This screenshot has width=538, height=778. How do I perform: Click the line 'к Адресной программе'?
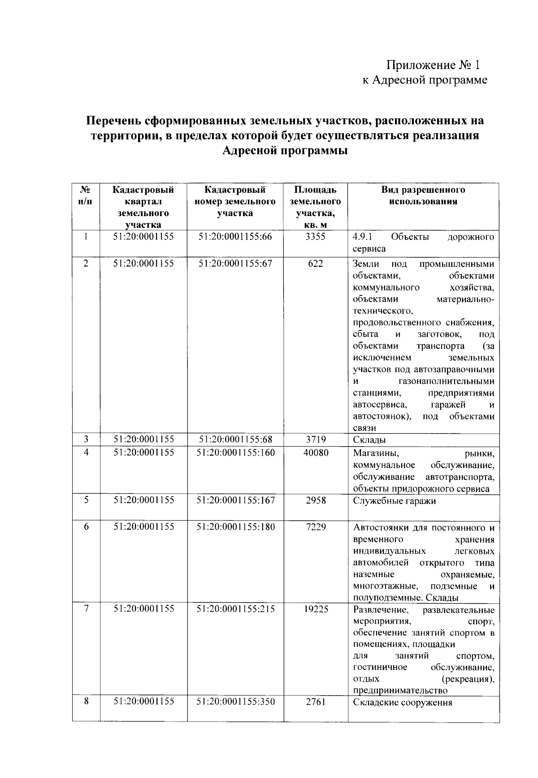point(424,80)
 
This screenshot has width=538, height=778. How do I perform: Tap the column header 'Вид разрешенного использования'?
point(423,196)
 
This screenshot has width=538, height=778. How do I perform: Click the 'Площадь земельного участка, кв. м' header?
point(315,207)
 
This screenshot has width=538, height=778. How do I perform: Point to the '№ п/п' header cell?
point(85,196)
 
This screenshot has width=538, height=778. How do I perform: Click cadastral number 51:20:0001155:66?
point(235,237)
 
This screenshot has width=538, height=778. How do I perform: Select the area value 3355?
point(315,237)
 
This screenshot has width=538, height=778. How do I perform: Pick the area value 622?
point(315,264)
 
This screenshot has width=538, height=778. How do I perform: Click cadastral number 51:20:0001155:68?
point(235,439)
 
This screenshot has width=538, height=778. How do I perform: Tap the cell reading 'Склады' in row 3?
point(369,440)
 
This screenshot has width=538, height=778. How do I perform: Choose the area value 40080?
point(316,453)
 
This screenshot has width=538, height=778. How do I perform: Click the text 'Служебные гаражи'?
point(395,501)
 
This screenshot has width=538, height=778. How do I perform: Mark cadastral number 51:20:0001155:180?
point(235,527)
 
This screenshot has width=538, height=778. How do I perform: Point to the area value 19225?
point(316,609)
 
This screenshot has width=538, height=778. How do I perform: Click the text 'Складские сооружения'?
point(403,703)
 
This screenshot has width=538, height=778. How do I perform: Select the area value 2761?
point(316,702)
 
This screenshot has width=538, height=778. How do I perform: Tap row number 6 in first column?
point(86,527)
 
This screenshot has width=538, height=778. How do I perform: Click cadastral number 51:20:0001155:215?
point(235,609)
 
